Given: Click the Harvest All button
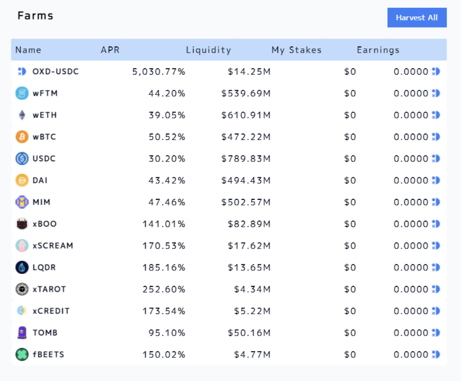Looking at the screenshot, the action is (417, 17).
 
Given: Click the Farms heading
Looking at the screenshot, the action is (35, 16).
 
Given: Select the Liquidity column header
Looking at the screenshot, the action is (208, 50).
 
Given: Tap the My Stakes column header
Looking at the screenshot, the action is (296, 50).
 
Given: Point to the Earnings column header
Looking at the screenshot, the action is (378, 50).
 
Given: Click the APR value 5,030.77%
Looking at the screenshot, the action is (159, 72).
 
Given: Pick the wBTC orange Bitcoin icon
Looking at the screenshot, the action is (22, 137).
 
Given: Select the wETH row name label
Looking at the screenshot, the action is (45, 115).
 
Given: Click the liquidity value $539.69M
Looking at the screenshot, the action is (246, 93).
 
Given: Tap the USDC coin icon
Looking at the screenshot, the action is (22, 158).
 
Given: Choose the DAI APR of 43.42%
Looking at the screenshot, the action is (167, 180).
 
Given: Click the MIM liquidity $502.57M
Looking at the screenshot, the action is (246, 202).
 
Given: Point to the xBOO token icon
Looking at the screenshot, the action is (22, 224).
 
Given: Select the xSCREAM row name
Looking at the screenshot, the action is (53, 245).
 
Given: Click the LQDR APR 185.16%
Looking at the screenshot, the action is (164, 268).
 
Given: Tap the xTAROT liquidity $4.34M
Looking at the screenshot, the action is (252, 289).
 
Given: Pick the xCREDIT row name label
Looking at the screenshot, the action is (51, 311).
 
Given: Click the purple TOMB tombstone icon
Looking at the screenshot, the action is (22, 332).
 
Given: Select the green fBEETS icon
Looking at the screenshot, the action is (22, 355).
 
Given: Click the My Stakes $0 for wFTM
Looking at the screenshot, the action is (350, 93).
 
